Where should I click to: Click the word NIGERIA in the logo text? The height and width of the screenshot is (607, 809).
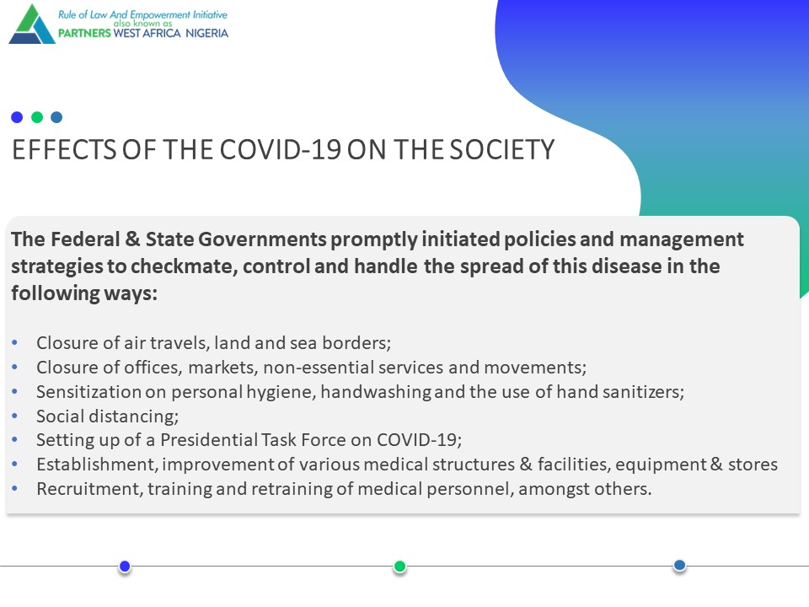[x=207, y=33]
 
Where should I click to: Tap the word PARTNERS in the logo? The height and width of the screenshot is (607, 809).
[x=84, y=33]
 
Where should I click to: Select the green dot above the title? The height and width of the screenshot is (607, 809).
[x=36, y=117]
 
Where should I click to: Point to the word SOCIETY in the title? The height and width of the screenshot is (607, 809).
[x=502, y=150]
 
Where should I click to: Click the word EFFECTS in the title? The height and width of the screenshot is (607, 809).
[x=65, y=150]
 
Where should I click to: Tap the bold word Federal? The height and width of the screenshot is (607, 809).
[x=85, y=239]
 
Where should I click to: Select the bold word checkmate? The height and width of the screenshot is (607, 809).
[x=184, y=267]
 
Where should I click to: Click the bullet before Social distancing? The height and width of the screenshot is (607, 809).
[x=14, y=416]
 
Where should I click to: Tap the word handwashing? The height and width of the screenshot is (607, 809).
[x=376, y=392]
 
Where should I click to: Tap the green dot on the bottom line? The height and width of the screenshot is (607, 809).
[x=399, y=567]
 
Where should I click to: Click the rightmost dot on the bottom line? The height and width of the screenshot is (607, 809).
[x=679, y=566]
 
